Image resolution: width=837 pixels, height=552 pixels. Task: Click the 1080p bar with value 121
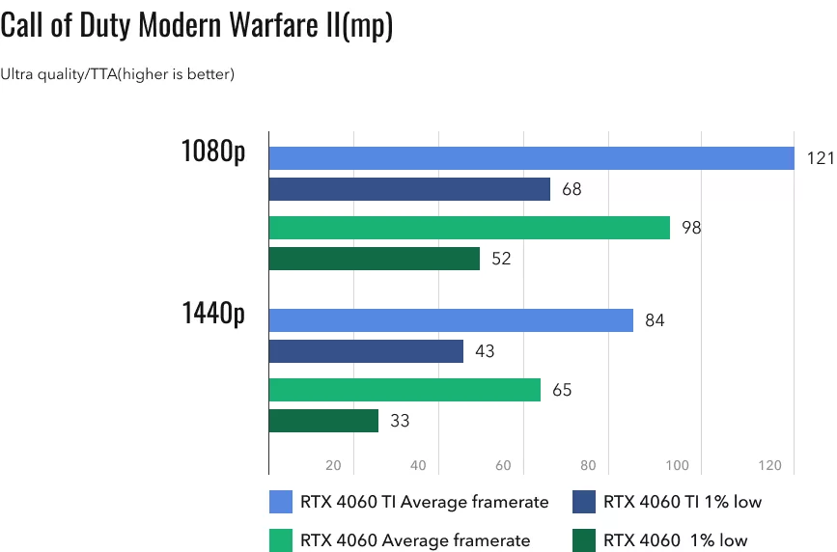[531, 158]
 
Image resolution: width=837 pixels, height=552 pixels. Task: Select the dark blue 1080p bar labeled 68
[409, 189]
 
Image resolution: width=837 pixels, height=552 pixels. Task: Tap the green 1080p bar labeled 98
[469, 228]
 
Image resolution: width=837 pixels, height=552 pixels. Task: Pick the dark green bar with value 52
[374, 259]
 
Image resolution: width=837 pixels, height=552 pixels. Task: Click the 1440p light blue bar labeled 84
[451, 320]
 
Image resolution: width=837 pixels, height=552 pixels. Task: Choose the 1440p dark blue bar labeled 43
[366, 351]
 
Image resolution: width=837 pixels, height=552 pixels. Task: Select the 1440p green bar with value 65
[405, 390]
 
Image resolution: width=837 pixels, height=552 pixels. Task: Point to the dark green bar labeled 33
[323, 421]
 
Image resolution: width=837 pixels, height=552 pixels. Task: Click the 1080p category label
[212, 152]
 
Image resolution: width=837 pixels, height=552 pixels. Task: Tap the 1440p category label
[212, 315]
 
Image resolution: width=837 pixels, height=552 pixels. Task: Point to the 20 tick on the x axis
[334, 466]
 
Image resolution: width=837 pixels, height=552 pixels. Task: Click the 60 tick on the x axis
[503, 466]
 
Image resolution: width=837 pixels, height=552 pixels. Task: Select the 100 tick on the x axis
[677, 466]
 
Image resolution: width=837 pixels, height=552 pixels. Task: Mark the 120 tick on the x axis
[769, 466]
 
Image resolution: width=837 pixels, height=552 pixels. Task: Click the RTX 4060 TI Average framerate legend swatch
[281, 502]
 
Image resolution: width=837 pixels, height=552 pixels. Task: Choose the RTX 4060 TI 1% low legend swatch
[583, 502]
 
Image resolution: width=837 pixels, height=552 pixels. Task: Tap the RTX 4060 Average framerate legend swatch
[281, 540]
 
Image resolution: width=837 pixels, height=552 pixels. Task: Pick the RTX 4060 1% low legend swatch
[583, 540]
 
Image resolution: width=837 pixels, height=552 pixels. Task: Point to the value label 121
[819, 158]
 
